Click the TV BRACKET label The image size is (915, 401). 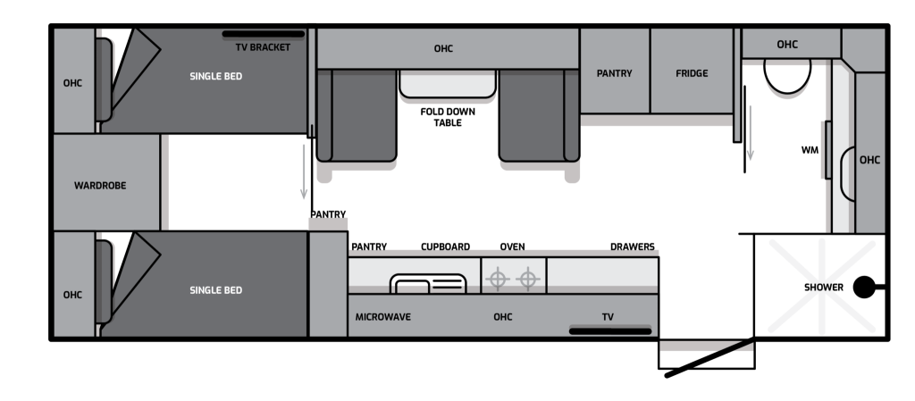263,47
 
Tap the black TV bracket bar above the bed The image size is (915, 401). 264,35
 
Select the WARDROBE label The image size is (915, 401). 100,186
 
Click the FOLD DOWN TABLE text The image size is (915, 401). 449,117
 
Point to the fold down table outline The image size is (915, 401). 448,85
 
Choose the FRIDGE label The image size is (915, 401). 692,73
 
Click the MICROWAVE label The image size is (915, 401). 382,317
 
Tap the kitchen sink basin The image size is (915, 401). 428,284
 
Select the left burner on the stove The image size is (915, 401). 497,279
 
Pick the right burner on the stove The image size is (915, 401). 527,279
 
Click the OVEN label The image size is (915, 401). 512,247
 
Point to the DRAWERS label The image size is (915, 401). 633,247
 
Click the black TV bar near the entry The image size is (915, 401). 609,331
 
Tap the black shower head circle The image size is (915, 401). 864,287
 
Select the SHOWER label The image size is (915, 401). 823,288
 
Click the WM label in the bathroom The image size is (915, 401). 810,150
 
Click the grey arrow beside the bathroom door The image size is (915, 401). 751,132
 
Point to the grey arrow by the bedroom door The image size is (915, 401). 304,172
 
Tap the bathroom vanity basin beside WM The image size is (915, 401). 847,174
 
